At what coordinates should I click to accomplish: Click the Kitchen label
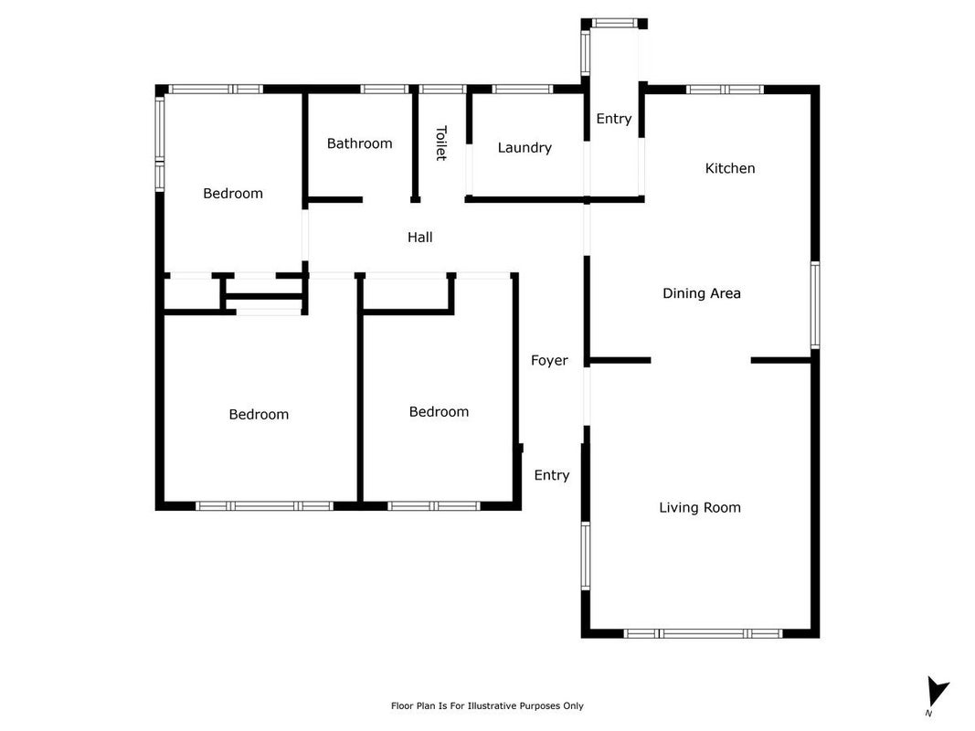(x=730, y=168)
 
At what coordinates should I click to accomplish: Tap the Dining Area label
(x=702, y=293)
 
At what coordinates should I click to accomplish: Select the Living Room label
(x=700, y=508)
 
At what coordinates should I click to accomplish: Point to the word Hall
(x=419, y=237)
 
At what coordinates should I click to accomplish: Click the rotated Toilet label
(x=440, y=143)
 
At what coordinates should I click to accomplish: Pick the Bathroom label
(x=359, y=143)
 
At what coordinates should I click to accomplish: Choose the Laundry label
(x=525, y=148)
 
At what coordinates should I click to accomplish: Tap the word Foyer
(x=549, y=361)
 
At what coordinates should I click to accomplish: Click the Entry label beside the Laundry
(x=614, y=119)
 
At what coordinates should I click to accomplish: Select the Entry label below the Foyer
(x=552, y=475)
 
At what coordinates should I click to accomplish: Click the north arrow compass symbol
(x=937, y=694)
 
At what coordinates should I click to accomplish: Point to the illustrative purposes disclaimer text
(x=487, y=705)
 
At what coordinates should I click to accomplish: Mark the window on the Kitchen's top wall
(x=725, y=90)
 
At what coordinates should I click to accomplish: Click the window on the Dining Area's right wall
(x=815, y=304)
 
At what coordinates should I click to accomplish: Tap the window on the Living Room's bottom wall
(x=704, y=633)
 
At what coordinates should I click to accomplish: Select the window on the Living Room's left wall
(x=586, y=556)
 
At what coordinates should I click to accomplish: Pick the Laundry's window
(x=523, y=90)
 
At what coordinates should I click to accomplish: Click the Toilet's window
(x=442, y=90)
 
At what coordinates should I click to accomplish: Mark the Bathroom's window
(x=385, y=90)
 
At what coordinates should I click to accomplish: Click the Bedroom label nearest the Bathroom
(x=233, y=194)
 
